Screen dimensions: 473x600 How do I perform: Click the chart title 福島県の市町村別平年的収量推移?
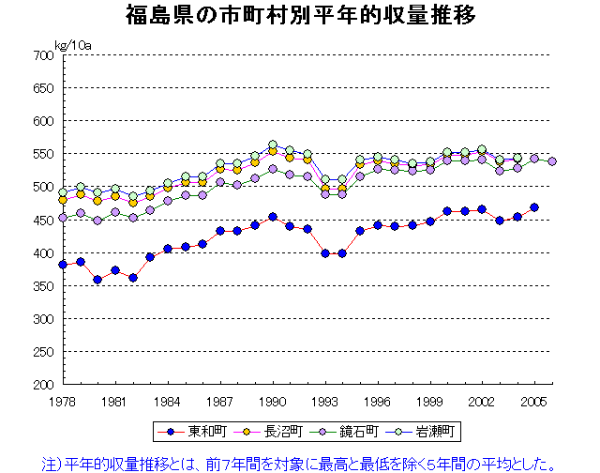(300, 16)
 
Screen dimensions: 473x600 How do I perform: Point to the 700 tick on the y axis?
(42, 55)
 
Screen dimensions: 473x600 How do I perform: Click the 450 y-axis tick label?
(42, 221)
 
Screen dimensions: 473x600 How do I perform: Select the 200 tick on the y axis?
(42, 385)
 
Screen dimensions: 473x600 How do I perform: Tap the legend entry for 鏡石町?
(350, 432)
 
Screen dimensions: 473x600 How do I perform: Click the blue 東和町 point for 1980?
(97, 280)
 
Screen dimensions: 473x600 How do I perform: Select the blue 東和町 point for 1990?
(273, 217)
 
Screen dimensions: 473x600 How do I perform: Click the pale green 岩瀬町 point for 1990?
(273, 145)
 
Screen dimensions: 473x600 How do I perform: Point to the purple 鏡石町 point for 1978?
(63, 218)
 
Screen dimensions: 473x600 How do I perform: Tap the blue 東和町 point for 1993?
(325, 253)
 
